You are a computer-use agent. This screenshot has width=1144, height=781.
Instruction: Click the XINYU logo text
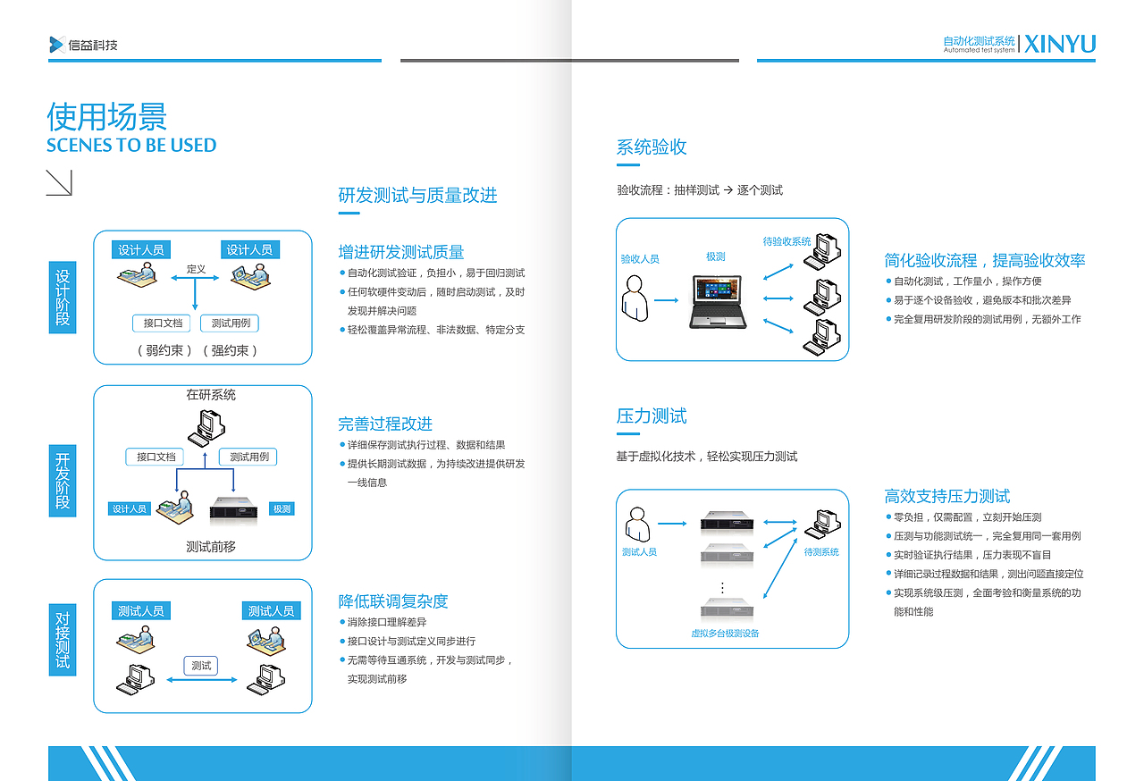click(1060, 44)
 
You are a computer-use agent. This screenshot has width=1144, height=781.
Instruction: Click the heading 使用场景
click(106, 117)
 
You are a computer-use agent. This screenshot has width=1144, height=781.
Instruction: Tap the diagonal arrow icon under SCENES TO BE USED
click(59, 182)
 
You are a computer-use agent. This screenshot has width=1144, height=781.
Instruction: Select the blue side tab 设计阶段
click(63, 298)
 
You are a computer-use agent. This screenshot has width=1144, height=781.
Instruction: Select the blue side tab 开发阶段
click(63, 480)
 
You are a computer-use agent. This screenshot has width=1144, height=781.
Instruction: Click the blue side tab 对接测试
click(63, 640)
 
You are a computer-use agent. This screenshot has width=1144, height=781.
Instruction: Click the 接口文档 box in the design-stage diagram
click(162, 323)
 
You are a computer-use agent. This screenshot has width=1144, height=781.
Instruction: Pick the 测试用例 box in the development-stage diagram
click(248, 457)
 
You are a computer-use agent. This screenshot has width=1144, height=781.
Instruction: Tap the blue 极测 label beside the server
click(282, 509)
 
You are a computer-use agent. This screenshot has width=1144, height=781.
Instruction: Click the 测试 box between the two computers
click(201, 666)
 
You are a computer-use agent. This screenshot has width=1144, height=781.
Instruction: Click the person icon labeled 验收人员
click(635, 298)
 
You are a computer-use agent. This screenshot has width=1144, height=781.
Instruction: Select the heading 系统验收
click(652, 147)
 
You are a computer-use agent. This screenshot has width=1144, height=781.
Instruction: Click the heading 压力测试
click(652, 416)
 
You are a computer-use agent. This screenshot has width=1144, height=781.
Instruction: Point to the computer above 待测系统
click(820, 525)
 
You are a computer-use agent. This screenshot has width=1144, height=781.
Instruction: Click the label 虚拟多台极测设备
click(725, 633)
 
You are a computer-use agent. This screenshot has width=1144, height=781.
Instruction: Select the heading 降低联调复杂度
click(393, 600)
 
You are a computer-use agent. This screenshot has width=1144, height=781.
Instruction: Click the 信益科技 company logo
click(84, 45)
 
